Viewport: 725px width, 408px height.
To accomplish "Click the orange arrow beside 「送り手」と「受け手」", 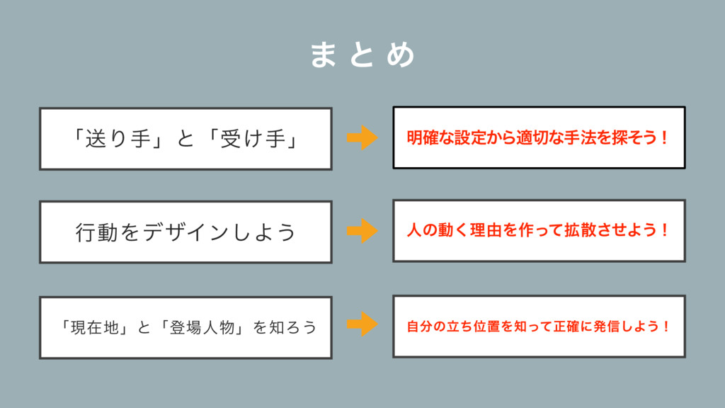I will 362,137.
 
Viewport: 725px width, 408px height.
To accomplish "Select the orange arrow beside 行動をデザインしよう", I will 362,231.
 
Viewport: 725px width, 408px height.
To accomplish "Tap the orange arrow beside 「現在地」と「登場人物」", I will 362,324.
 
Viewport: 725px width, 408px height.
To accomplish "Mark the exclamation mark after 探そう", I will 663,137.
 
